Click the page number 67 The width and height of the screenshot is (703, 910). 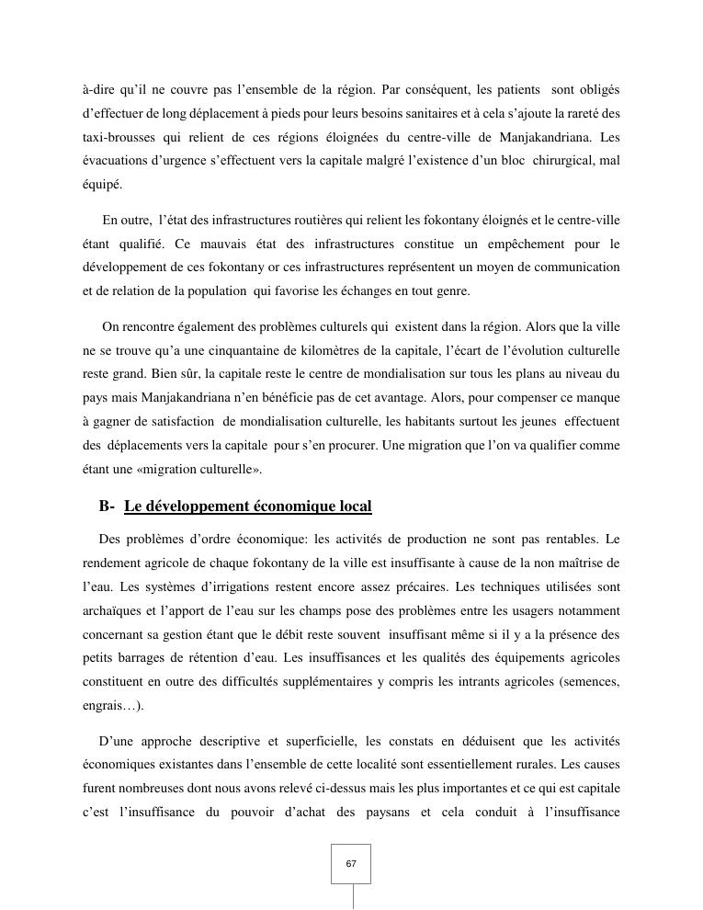(351, 864)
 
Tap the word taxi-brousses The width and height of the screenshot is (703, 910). (119, 138)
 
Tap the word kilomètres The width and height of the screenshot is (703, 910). (332, 350)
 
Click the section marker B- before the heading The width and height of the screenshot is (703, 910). (107, 506)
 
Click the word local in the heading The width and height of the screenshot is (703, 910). (355, 506)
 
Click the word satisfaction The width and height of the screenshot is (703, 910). (176, 421)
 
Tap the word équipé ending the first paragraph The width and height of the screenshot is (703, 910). (101, 185)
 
